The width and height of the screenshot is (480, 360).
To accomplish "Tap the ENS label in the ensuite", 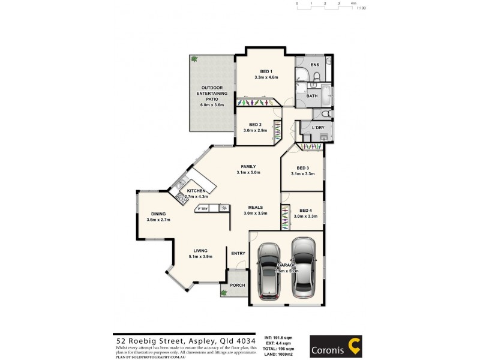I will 313,64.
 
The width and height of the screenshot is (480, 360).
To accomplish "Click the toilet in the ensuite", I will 302,76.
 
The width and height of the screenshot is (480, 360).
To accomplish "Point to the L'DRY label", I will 318,127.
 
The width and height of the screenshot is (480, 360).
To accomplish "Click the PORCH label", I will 238,285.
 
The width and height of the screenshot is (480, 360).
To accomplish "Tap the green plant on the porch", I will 224,293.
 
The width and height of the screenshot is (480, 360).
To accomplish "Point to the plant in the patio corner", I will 194,59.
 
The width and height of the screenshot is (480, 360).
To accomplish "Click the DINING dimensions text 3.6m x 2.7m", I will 158,220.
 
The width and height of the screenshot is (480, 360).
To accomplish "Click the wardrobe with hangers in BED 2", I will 278,131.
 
